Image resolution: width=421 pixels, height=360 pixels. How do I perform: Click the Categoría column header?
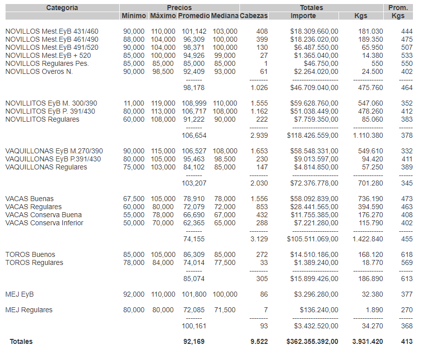pyautogui.click(x=62, y=8)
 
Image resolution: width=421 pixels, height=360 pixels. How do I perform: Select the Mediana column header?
pyautogui.click(x=224, y=16)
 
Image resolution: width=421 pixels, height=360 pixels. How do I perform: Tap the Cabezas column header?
pyautogui.click(x=254, y=16)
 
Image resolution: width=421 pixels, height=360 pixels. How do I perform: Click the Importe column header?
pyautogui.click(x=303, y=16)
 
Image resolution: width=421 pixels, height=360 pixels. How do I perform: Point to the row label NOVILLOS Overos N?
pyautogui.click(x=39, y=72)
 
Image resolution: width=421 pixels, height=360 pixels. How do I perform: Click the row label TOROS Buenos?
pyautogui.click(x=30, y=255)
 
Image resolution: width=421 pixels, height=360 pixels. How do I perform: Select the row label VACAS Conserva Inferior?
pyautogui.click(x=44, y=223)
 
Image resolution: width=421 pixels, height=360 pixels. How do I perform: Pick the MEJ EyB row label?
pyautogui.click(x=20, y=295)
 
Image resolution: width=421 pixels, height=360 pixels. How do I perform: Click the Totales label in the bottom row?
pyautogui.click(x=21, y=342)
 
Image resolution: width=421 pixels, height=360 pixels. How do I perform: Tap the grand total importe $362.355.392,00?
pyautogui.click(x=312, y=342)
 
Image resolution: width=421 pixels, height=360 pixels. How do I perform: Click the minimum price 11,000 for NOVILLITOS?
pyautogui.click(x=134, y=104)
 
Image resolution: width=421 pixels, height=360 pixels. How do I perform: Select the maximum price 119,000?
pyautogui.click(x=163, y=104)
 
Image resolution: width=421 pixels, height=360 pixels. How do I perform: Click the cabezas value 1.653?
pyautogui.click(x=259, y=151)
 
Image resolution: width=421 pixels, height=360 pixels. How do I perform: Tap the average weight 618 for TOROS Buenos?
pyautogui.click(x=406, y=255)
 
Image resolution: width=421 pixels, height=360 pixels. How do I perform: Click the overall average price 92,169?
pyautogui.click(x=194, y=342)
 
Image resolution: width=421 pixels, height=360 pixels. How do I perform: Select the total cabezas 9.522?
pyautogui.click(x=259, y=342)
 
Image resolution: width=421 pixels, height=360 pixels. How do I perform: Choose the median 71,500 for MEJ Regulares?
pyautogui.click(x=224, y=310)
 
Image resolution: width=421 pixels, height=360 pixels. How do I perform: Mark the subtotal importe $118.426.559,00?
pyautogui.click(x=312, y=136)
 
